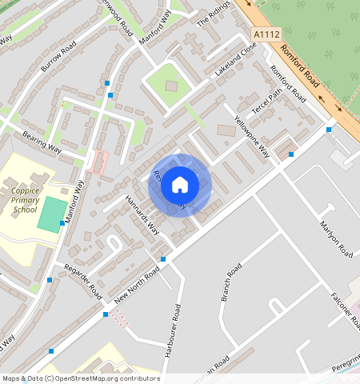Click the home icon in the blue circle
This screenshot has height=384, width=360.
[x=180, y=185]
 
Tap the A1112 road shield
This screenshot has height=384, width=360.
[x=267, y=35]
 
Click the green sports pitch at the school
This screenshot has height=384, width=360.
[x=53, y=214]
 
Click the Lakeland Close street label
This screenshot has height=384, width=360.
[x=235, y=61]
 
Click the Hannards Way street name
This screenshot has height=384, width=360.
[x=142, y=216]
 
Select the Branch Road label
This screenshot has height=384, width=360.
[x=230, y=282]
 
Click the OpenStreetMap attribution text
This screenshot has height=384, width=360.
[x=80, y=378]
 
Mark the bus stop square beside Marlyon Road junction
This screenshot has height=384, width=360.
[x=291, y=154]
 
